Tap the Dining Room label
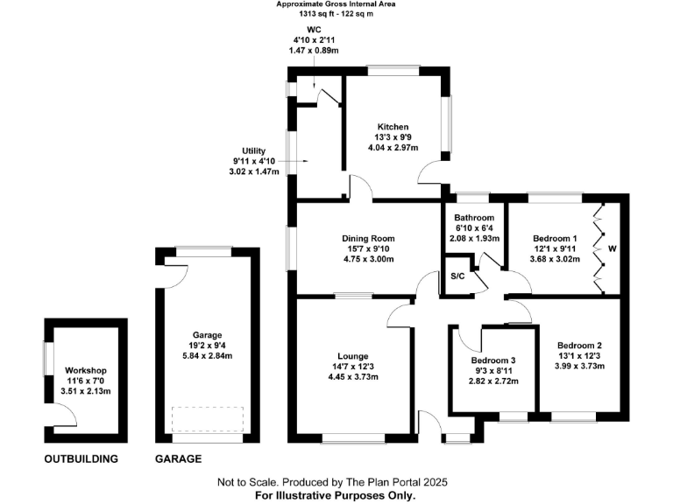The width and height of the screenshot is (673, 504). [368, 238]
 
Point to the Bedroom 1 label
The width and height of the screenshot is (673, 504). [556, 238]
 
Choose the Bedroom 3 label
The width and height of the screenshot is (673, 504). [493, 360]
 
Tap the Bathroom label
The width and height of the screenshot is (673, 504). [474, 218]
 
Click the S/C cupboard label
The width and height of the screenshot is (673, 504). [457, 276]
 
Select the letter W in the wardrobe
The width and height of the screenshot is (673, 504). [613, 249]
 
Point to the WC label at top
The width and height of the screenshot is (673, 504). [313, 29]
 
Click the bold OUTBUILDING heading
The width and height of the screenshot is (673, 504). [81, 458]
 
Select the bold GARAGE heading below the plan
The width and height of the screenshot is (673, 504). [178, 458]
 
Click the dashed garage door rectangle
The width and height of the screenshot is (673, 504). [207, 419]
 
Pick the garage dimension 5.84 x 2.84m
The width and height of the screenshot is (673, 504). [208, 356]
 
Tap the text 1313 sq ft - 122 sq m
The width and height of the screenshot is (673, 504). [336, 14]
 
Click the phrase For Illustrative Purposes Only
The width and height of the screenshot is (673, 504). [336, 494]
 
